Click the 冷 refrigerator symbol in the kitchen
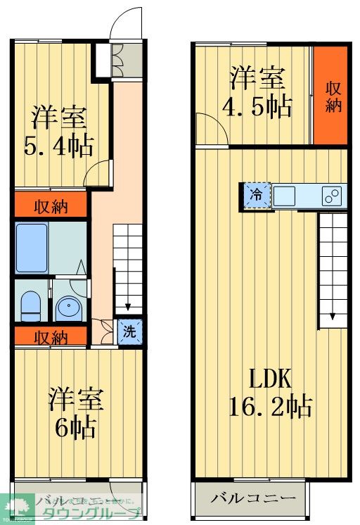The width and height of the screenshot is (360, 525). tap(257, 195)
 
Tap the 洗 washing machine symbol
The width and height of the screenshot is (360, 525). tap(129, 331)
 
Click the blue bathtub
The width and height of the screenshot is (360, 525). tap(32, 248)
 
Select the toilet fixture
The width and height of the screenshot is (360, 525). tap(31, 305)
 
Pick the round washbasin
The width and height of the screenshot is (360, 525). tap(69, 306)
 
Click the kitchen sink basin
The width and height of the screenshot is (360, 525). tap(285, 196)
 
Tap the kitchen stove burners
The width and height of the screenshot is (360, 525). tap(331, 196)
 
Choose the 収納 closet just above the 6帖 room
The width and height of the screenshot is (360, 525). tap(50, 338)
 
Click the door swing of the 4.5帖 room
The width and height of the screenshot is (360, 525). tap(210, 132)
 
